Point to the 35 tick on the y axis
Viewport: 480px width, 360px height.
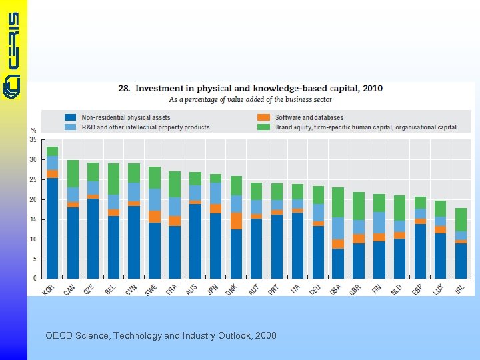(x=33, y=140)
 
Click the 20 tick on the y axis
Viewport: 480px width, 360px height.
(x=33, y=199)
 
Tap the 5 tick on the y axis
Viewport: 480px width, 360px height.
(x=34, y=259)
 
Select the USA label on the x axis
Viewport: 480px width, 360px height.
(x=336, y=290)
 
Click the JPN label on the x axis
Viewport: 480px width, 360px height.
(x=213, y=290)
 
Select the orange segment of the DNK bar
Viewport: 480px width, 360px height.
(x=236, y=221)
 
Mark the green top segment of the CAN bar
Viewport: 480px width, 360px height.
(x=73, y=173)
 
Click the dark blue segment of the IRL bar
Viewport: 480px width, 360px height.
(x=460, y=261)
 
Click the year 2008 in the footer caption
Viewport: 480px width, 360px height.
(x=264, y=335)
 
